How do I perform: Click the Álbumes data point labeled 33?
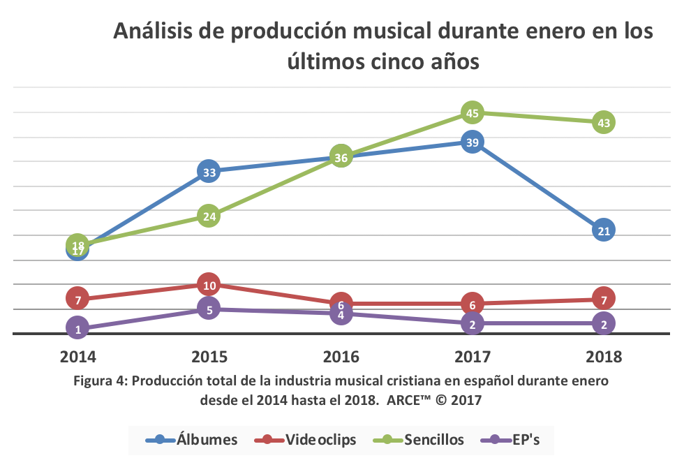coord(209,171)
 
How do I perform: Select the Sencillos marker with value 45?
coord(473,112)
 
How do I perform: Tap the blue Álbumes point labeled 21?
coord(604,230)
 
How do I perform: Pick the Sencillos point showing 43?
coord(604,123)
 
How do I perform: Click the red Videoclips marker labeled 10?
coord(209,284)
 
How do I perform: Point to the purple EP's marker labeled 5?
coord(209,309)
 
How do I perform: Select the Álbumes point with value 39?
coord(473,142)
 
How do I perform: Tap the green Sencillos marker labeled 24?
coord(209,216)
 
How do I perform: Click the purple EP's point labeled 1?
coord(77,328)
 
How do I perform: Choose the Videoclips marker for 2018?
coord(604,299)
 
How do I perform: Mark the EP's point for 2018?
coord(604,323)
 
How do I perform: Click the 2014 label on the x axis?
coord(77,357)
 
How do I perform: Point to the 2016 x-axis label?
coord(341,357)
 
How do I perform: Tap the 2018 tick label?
coord(604,357)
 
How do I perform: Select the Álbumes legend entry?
coord(193,440)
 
